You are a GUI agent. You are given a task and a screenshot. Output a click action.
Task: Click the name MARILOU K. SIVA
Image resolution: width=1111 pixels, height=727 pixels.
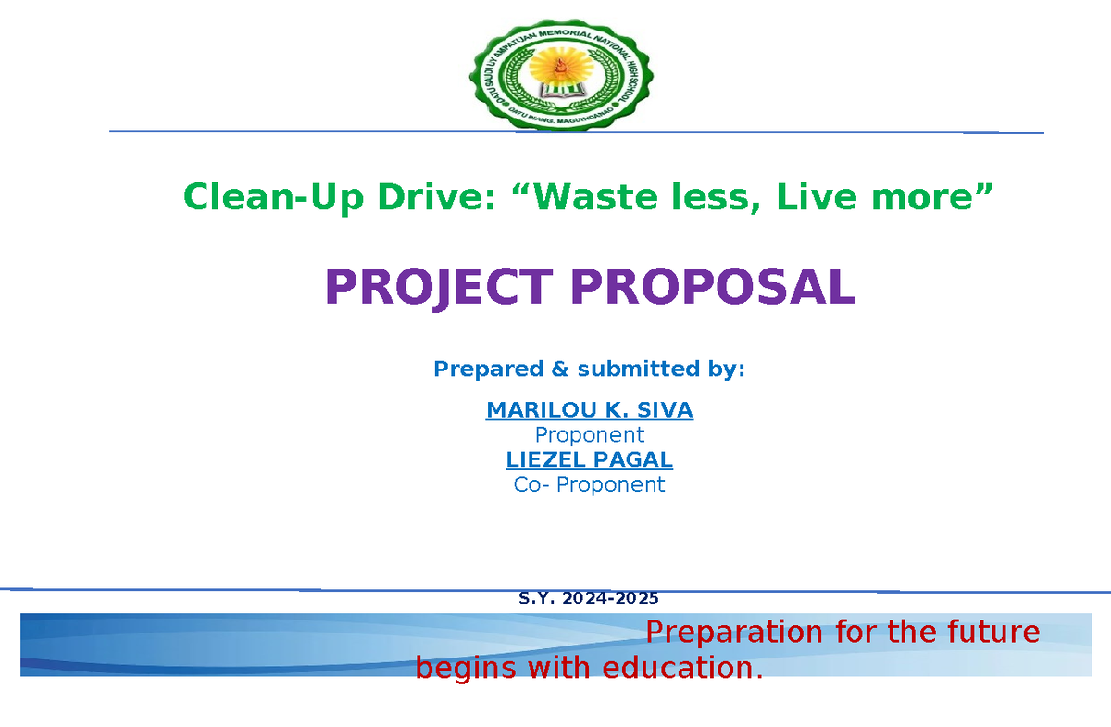[x=589, y=410]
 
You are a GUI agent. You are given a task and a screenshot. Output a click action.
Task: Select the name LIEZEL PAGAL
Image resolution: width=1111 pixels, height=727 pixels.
[x=589, y=459]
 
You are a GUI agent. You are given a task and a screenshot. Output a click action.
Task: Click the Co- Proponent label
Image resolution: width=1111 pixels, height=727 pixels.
[x=589, y=484]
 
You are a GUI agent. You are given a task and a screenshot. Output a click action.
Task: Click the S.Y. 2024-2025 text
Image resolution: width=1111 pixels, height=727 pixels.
[x=589, y=598]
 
